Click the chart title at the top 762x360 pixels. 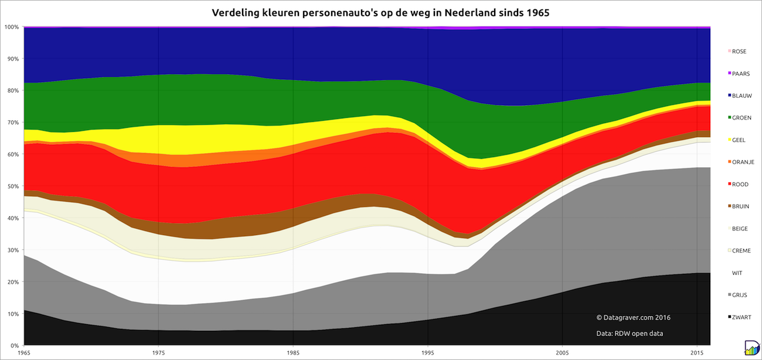[380, 12]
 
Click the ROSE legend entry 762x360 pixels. [739, 52]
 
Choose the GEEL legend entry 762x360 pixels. [738, 140]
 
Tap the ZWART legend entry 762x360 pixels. [741, 317]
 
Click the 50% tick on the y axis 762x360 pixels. [12, 186]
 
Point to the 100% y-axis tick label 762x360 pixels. [11, 27]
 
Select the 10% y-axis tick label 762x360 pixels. [12, 314]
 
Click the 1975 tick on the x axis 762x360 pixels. [158, 353]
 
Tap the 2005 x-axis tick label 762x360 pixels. [562, 353]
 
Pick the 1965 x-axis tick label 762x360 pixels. [24, 353]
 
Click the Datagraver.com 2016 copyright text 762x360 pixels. [633, 317]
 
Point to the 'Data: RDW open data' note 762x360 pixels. [629, 334]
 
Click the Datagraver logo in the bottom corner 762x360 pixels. [751, 348]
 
